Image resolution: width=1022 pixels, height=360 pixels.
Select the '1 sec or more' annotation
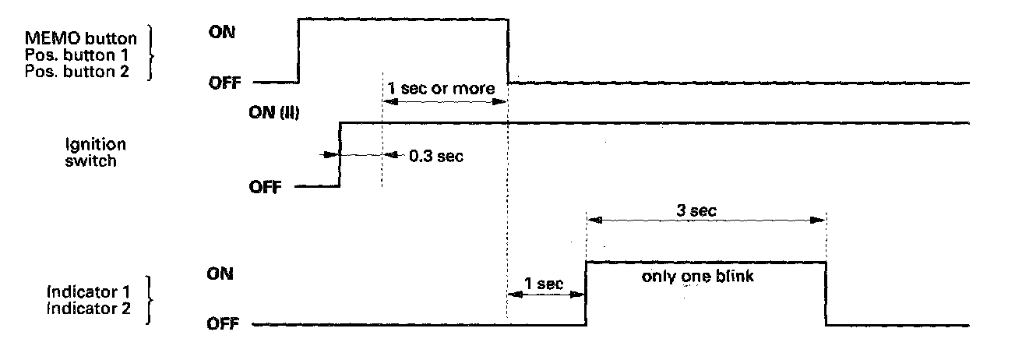click(x=442, y=88)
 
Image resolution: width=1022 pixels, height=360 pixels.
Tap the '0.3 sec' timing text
click(x=436, y=157)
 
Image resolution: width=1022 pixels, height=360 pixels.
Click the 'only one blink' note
click(x=698, y=276)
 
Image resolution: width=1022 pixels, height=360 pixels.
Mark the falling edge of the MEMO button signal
click(x=508, y=48)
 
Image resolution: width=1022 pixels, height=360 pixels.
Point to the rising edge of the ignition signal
click(x=340, y=154)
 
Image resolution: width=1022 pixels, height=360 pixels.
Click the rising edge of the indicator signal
click(x=586, y=293)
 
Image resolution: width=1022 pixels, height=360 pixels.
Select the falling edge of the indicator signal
click(x=826, y=293)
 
